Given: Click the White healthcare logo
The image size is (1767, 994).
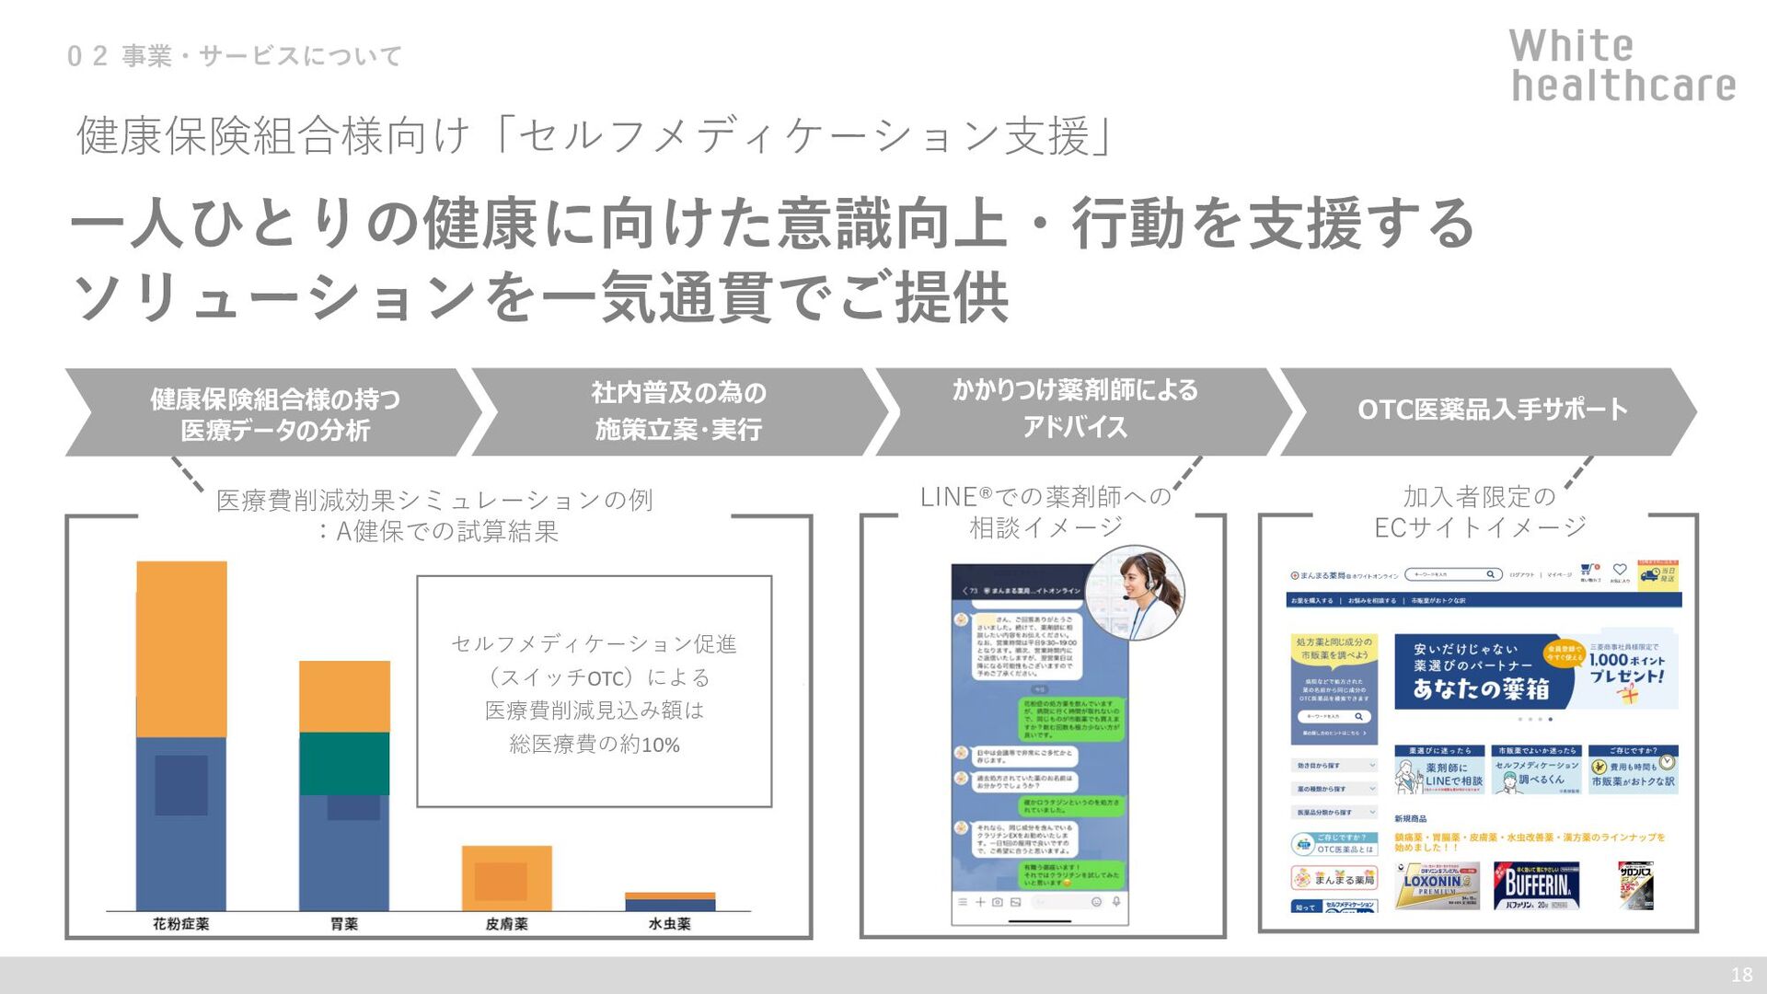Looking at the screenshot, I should [1622, 65].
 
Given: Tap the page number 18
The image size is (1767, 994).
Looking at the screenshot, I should [1741, 975].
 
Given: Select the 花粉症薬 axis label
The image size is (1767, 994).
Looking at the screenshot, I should [181, 923].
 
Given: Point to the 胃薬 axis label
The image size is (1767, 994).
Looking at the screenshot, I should [344, 923].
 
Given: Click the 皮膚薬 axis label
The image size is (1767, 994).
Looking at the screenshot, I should [506, 923].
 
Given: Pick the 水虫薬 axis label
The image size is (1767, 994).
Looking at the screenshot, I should [669, 923].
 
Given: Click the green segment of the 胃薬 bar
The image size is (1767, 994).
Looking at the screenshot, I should [344, 763].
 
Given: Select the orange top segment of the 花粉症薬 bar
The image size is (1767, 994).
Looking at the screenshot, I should [181, 649].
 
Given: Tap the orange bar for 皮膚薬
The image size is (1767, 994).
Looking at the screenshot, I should [506, 878].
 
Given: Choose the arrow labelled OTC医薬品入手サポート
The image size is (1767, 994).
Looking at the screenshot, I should [1491, 410].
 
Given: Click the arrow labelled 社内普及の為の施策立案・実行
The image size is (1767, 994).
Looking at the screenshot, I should [678, 411].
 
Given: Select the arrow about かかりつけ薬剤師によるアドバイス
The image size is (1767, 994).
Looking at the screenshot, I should [1074, 410].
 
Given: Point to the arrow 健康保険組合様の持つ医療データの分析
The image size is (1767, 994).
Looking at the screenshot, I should [274, 413].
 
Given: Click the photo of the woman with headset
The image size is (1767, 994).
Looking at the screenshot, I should [1135, 593].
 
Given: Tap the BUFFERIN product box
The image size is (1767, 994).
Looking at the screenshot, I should [1536, 885].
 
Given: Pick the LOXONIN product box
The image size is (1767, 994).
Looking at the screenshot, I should [1437, 885].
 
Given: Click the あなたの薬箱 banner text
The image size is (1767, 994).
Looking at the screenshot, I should [1480, 688].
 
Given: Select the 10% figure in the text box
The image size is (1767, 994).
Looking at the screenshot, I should [660, 745].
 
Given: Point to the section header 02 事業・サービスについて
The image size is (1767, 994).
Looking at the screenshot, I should [235, 56].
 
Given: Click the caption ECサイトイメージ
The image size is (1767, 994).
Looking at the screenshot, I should [1480, 527].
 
